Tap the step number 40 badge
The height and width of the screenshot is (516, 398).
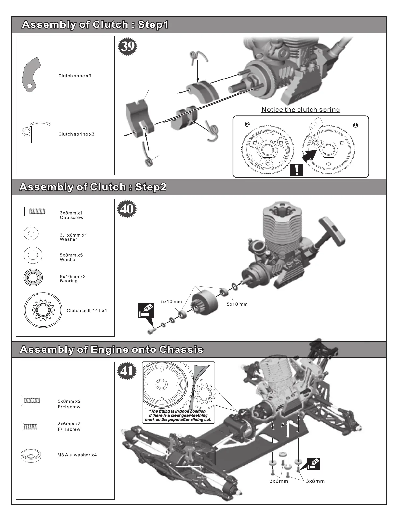[x=127, y=209]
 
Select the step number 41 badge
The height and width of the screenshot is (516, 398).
[x=127, y=371]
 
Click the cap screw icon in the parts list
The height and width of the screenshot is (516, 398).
[x=34, y=211]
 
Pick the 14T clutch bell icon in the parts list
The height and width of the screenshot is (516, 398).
[x=43, y=311]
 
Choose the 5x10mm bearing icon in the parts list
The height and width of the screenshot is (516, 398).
[x=33, y=278]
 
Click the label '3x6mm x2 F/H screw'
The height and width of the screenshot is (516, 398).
[x=69, y=426]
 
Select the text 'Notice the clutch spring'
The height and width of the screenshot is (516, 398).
[x=301, y=110]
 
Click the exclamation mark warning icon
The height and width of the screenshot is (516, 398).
[x=297, y=170]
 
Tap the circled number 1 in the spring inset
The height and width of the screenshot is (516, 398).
[x=355, y=125]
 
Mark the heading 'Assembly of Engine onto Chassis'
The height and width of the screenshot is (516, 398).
[x=112, y=350]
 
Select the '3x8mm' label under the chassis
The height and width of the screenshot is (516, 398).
[x=315, y=481]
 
